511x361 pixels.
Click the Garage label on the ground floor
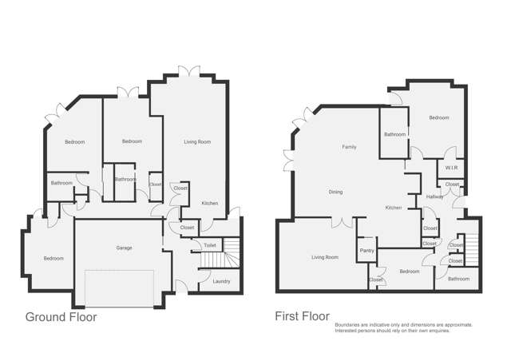[x=123, y=248]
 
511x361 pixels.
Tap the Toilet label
[x=210, y=245]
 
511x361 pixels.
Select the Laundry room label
[x=222, y=280]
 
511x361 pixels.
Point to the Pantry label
[x=366, y=251]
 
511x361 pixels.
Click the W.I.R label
[x=451, y=169]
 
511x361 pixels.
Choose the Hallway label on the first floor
[x=435, y=196]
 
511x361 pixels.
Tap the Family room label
[x=349, y=147]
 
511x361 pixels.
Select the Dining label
[x=336, y=192]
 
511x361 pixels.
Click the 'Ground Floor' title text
[x=61, y=317]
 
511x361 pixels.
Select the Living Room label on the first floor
[x=325, y=257]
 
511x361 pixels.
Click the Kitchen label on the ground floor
[x=210, y=204]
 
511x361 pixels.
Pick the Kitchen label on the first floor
[x=394, y=208]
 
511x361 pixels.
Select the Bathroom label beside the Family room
[x=394, y=135]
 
